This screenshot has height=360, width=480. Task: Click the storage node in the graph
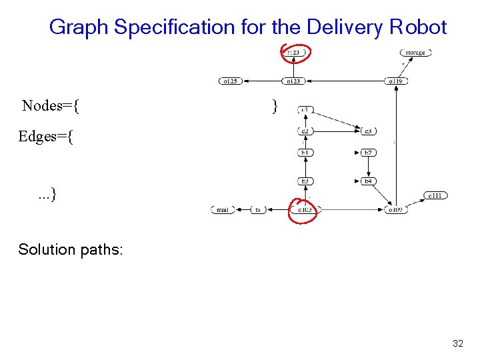pyautogui.click(x=415, y=53)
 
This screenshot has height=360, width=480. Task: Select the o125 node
pyautogui.click(x=230, y=81)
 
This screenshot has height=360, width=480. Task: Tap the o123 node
pyautogui.click(x=293, y=81)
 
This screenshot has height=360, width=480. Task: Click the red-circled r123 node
pyautogui.click(x=294, y=52)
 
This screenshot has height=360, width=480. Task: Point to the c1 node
pyautogui.click(x=305, y=109)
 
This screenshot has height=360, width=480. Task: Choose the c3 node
pyautogui.click(x=368, y=131)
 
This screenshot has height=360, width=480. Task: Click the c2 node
pyautogui.click(x=305, y=131)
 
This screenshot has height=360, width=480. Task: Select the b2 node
pyautogui.click(x=368, y=153)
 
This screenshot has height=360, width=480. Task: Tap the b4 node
pyautogui.click(x=368, y=181)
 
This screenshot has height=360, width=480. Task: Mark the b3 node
pyautogui.click(x=305, y=181)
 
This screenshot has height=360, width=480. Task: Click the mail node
pyautogui.click(x=223, y=209)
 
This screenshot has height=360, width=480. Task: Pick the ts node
pyautogui.click(x=259, y=209)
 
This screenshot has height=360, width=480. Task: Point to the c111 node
pyautogui.click(x=435, y=195)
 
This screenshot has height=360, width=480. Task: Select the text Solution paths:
pyautogui.click(x=71, y=249)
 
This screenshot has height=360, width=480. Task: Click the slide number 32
pyautogui.click(x=457, y=344)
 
